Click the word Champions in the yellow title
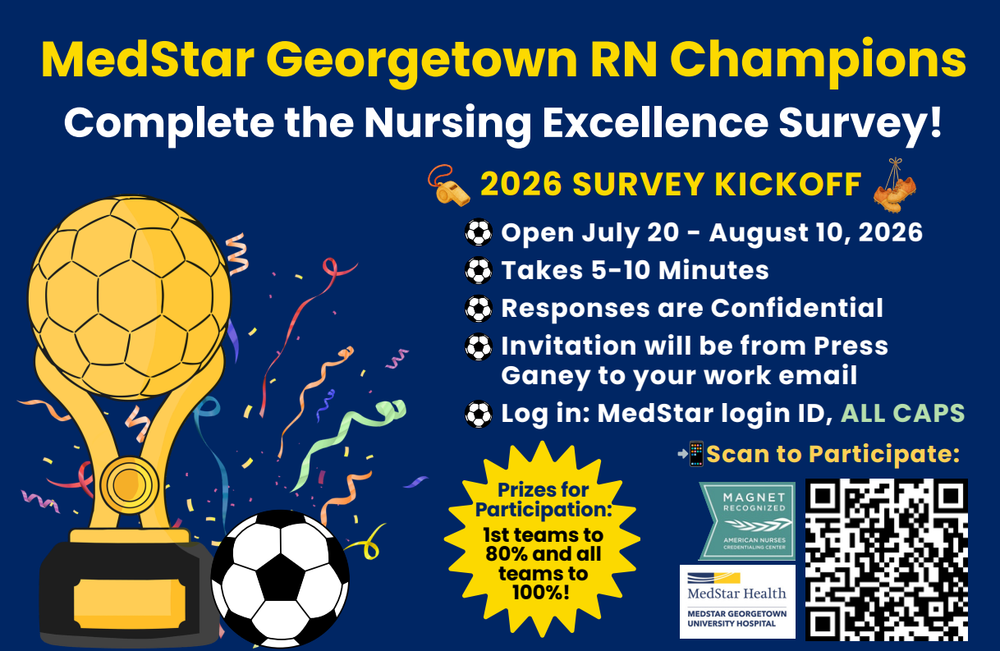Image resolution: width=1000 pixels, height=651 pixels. pyautogui.click(x=818, y=62)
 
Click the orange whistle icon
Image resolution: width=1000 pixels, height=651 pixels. pyautogui.click(x=448, y=186)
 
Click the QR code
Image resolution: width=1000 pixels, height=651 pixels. pyautogui.click(x=886, y=560)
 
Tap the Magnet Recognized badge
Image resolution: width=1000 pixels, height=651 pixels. pyautogui.click(x=747, y=521)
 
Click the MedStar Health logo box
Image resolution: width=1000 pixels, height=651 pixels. pyautogui.click(x=737, y=602)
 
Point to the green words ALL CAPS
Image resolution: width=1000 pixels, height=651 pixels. pyautogui.click(x=902, y=413)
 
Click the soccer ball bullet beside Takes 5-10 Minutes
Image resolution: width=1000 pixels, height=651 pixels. pyautogui.click(x=479, y=270)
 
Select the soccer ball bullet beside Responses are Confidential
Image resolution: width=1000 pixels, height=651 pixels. pyautogui.click(x=479, y=309)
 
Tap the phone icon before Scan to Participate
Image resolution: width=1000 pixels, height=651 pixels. pyautogui.click(x=696, y=454)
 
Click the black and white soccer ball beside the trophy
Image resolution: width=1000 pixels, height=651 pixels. pyautogui.click(x=280, y=579)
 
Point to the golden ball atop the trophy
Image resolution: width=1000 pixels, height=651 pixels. pyautogui.click(x=130, y=297)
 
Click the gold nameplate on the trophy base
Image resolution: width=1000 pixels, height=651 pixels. pyautogui.click(x=130, y=603)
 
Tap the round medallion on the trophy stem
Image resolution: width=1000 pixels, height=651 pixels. pyautogui.click(x=130, y=485)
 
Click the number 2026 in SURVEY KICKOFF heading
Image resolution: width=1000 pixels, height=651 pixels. pyautogui.click(x=521, y=184)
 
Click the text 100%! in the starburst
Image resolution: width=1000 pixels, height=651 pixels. pyautogui.click(x=540, y=593)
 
